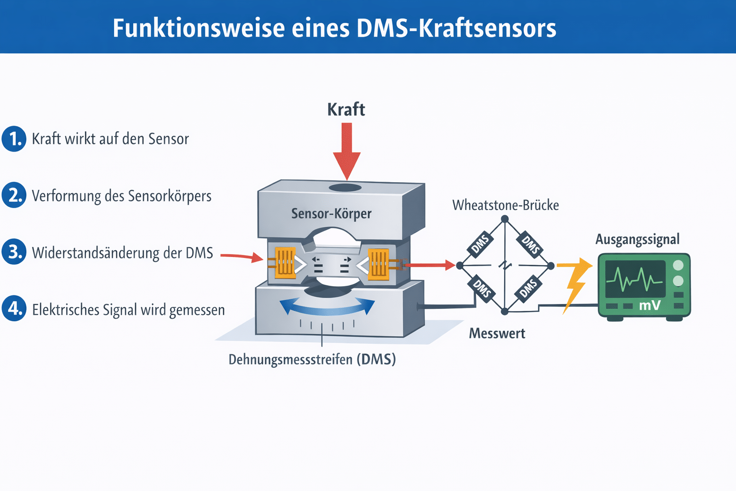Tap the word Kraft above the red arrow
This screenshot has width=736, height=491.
346,110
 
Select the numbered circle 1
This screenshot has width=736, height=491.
14,139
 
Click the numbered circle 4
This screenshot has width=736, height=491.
14,308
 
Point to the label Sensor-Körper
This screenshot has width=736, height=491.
331,213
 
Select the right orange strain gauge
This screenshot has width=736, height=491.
378,263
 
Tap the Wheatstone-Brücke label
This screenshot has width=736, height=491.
506,205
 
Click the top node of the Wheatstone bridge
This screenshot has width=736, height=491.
505,219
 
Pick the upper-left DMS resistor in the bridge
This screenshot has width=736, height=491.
480,244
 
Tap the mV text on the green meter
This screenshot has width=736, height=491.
650,305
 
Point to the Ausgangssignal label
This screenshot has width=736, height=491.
637,239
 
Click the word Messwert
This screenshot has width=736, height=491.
497,333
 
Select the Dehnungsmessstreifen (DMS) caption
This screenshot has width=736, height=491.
312,360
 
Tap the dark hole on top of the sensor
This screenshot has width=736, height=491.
345,187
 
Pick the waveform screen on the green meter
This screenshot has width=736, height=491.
635,279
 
